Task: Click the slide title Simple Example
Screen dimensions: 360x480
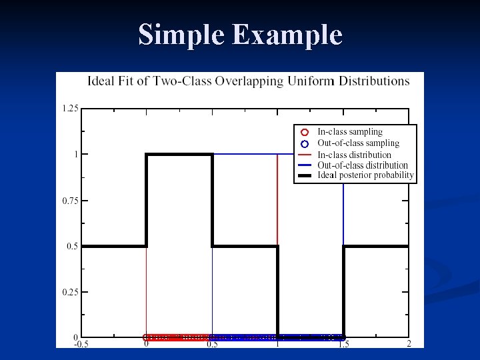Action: (x=240, y=35)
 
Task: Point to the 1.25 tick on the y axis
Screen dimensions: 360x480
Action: (x=70, y=108)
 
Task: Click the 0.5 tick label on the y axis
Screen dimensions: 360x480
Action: (x=73, y=246)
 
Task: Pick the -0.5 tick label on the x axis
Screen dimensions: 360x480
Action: (x=80, y=344)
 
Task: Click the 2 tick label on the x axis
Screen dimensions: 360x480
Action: (x=409, y=344)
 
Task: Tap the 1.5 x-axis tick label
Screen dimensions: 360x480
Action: (x=343, y=344)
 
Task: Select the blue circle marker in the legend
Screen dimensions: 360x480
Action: (x=304, y=143)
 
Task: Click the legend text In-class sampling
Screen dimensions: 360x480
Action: (x=349, y=132)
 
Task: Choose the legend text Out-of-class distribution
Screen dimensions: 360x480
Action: (x=363, y=165)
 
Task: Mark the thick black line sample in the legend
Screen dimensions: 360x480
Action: (x=304, y=176)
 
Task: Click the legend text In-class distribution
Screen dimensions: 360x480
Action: (x=354, y=154)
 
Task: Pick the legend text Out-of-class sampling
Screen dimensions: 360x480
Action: (x=358, y=143)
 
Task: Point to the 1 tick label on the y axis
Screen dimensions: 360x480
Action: (x=75, y=154)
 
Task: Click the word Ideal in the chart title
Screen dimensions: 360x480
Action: (x=103, y=81)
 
